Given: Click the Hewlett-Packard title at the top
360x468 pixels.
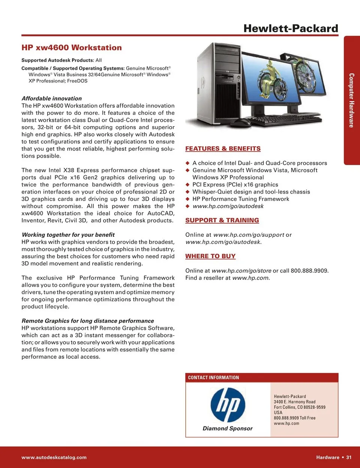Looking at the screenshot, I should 291,29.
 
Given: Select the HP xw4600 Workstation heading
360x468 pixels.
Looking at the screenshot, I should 72,48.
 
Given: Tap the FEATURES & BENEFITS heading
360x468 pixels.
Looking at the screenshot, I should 223,149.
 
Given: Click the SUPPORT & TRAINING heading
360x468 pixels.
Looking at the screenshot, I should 222,220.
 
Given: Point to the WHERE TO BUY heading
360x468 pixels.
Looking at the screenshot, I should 210,256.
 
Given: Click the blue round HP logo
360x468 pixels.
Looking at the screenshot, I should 228,405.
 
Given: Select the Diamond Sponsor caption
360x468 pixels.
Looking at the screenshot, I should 228,428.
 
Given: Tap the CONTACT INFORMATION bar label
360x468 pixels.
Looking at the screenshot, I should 213,378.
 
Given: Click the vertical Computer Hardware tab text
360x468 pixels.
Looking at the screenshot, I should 351,100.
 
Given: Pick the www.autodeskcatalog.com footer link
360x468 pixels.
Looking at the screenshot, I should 54,457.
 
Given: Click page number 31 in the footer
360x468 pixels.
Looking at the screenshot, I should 349,457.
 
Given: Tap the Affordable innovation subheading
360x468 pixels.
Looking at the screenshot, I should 52,98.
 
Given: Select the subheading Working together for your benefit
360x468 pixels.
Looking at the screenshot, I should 68,235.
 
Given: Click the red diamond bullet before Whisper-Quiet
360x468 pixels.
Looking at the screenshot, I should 187,192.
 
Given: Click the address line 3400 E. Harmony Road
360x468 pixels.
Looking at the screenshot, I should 294,402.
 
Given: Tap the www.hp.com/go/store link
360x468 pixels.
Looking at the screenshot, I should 241,271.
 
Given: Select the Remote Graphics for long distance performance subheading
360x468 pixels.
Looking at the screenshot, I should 88,321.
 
